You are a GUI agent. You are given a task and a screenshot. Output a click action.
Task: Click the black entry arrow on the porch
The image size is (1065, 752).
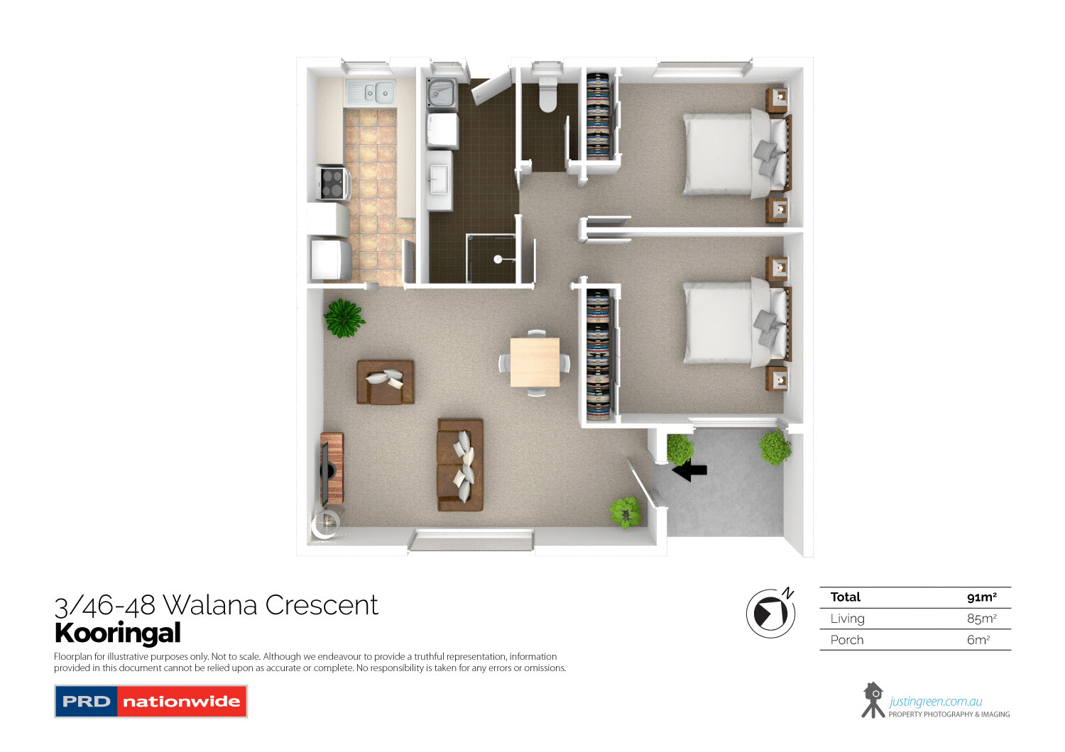690,470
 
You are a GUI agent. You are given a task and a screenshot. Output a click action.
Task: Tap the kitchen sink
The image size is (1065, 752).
370,92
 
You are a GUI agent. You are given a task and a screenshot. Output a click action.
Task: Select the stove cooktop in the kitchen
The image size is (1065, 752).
332,183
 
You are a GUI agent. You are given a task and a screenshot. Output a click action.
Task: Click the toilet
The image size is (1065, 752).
547,96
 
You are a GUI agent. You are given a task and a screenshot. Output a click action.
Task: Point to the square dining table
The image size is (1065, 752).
535,362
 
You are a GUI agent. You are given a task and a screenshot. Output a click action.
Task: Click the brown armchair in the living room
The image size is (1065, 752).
385,382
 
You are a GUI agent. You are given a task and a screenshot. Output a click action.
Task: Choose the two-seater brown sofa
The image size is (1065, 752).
460,465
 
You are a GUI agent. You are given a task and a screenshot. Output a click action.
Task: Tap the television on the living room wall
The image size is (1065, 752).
325,472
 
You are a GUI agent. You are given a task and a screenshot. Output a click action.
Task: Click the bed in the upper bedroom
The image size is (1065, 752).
731,155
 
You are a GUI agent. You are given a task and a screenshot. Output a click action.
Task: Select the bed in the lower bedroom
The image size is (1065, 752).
731,323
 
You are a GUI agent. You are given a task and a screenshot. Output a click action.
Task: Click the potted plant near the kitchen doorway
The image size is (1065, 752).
344,318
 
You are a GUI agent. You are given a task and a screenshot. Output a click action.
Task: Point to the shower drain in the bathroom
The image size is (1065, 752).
498,259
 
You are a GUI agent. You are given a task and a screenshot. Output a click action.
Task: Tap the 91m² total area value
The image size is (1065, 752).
981,597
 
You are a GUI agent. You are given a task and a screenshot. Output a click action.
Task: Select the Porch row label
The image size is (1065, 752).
847,640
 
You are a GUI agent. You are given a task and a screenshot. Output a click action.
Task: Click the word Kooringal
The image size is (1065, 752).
118,633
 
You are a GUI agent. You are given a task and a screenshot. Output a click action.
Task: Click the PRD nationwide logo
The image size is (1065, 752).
151,702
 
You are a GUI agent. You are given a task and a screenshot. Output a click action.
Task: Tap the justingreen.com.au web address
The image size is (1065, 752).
935,702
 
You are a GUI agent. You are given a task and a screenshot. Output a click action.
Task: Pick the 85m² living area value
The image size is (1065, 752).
981,619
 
